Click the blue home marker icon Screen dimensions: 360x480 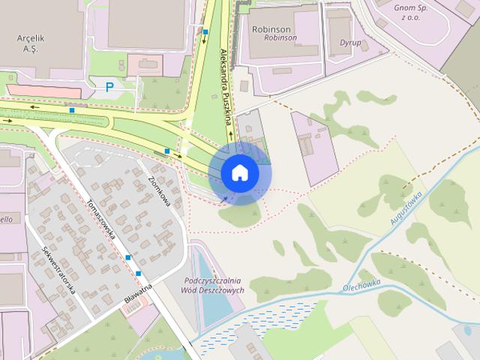click(239, 173)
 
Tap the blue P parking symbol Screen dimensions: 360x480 click(109, 87)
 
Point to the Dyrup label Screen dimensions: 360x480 click(350, 43)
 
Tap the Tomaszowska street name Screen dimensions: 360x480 click(100, 219)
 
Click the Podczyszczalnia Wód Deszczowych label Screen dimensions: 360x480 click(214, 285)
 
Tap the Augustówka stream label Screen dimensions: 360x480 click(406, 208)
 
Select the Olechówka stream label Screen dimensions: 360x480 click(364, 284)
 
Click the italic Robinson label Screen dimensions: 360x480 click(281, 37)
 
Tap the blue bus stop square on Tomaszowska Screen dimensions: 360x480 click(128, 257)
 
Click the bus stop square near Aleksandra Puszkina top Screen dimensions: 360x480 click(205, 32)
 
